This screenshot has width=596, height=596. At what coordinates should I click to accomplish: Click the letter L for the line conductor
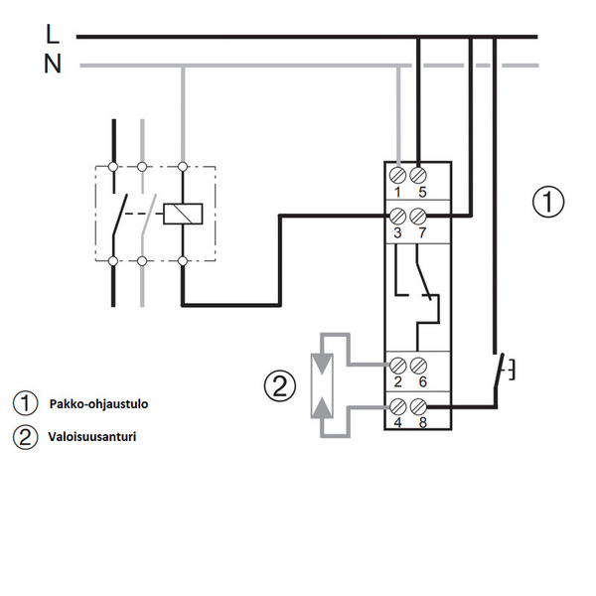point(52,34)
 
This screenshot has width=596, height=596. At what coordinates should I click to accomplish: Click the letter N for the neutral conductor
point(53,64)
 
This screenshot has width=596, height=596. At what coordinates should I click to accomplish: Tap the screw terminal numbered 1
point(398,175)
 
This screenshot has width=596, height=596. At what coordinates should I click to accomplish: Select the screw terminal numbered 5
point(418,175)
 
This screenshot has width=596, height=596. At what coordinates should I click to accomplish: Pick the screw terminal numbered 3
point(398,217)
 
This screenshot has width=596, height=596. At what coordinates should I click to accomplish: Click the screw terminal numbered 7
point(418,217)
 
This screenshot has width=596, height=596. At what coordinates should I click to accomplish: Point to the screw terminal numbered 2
point(398,366)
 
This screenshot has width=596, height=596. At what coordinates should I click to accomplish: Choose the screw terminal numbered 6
point(418,366)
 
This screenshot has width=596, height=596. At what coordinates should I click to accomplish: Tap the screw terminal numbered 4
point(398,406)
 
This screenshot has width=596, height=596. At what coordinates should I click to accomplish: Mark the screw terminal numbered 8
point(418,406)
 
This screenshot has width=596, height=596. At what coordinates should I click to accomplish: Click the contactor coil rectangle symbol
point(183,214)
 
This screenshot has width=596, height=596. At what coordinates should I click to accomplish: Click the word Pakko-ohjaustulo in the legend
point(98,403)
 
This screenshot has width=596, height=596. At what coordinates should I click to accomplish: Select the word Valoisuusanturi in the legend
point(92,436)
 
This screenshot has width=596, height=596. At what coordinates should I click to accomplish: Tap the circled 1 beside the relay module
point(548,202)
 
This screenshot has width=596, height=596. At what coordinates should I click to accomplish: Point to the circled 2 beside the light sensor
point(280,385)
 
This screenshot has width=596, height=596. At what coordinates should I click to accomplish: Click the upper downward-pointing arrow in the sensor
point(322,365)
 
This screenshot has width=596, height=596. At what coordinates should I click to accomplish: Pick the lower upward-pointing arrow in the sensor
point(322,407)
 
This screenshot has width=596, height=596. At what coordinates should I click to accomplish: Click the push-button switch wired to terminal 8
point(503,371)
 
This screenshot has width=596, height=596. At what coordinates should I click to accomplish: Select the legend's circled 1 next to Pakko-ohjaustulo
point(26,403)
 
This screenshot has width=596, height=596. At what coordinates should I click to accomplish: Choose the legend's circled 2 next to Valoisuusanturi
point(26,437)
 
